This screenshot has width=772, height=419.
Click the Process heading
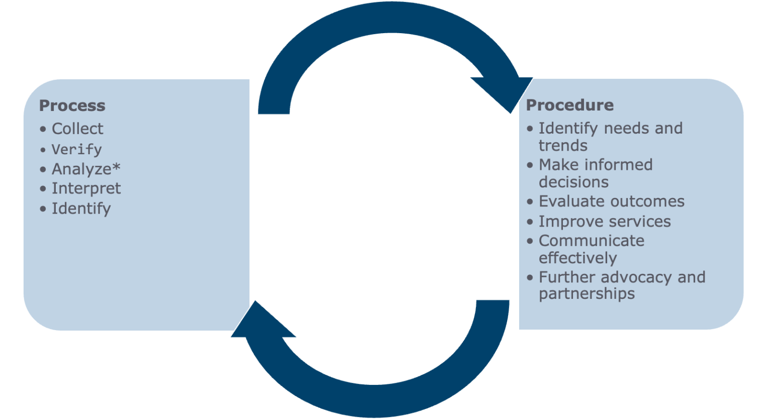[72, 106]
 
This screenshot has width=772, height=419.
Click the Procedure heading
[569, 105]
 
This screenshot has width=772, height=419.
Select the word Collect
[77, 129]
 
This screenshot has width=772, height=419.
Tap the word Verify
[77, 149]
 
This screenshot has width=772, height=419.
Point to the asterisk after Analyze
[116, 167]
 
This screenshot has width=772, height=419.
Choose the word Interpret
[86, 188]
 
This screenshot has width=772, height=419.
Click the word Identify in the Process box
[81, 208]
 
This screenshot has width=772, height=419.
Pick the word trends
[563, 146]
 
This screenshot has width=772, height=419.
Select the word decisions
[573, 182]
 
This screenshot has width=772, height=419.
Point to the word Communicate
[591, 241]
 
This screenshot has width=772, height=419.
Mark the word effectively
[577, 258]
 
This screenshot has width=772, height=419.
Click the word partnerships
[587, 294]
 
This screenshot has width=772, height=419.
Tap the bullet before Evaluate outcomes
[530, 201]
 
